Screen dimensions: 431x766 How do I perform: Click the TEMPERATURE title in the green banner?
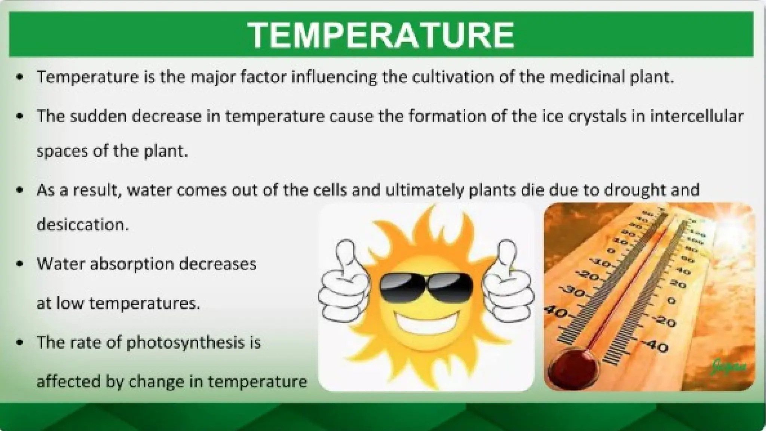[381, 35]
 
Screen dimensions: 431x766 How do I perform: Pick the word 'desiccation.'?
[83, 224]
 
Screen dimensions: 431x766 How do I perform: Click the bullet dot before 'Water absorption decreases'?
[20, 264]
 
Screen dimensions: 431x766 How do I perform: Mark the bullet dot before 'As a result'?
[20, 190]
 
